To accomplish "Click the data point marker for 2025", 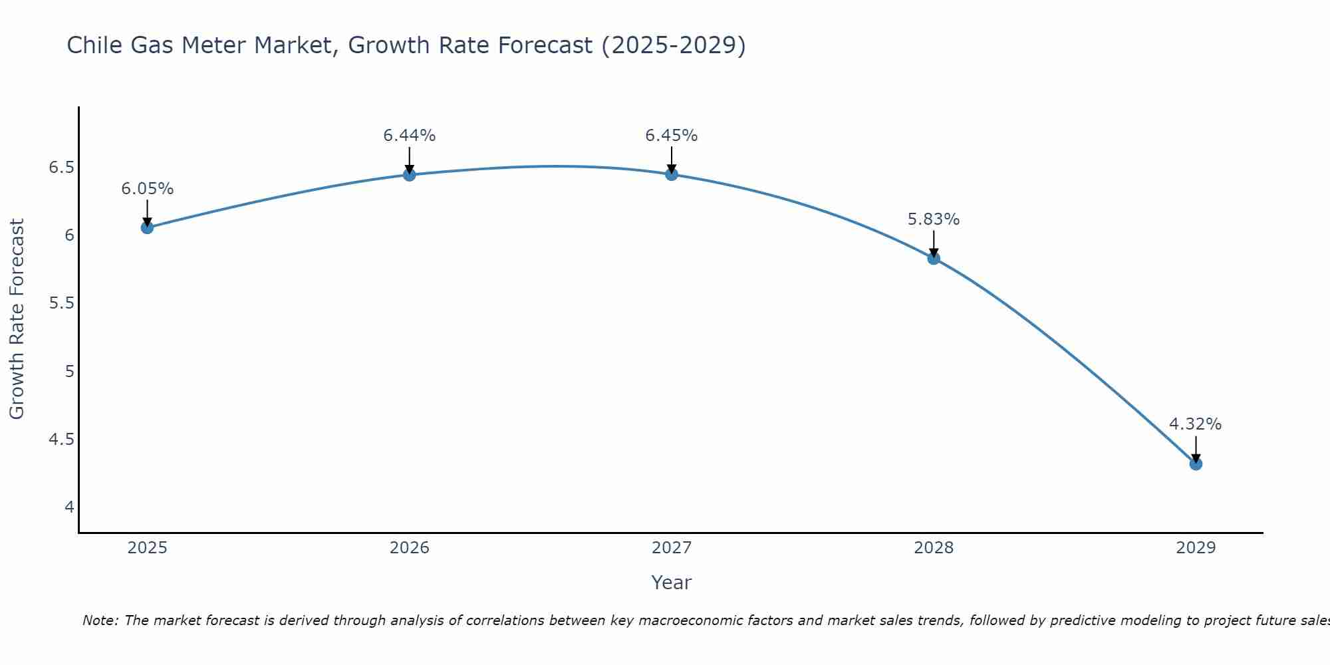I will (147, 227).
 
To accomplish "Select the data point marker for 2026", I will (409, 175).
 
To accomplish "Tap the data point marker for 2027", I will (671, 174).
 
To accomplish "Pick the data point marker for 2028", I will (933, 258).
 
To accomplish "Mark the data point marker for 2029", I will (1195, 464).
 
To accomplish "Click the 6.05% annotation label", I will (147, 189).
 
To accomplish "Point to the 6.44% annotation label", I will (409, 136).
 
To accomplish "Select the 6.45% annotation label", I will (671, 136).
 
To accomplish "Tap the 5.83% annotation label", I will (933, 219).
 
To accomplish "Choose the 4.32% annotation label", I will (1195, 424).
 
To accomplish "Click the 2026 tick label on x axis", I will (409, 548).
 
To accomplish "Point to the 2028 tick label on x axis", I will (933, 548).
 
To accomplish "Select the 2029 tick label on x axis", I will (1195, 548).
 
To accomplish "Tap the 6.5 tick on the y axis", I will (61, 168).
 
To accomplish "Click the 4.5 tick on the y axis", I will (61, 440).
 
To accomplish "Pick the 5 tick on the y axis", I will (69, 371).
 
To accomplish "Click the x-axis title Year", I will (671, 583).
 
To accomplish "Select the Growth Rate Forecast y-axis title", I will (17, 319).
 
